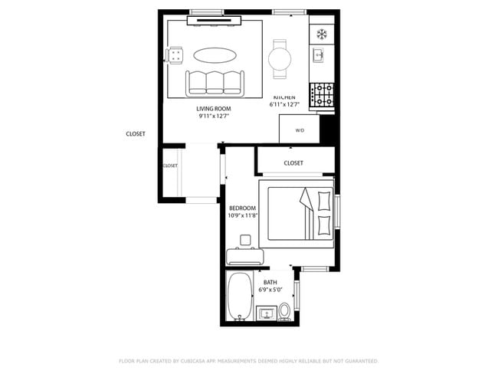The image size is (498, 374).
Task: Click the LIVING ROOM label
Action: (x=214, y=109)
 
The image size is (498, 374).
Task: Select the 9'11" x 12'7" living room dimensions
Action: (x=214, y=116)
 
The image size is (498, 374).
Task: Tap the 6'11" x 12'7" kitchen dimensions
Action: (x=284, y=105)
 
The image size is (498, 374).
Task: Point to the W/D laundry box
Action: (x=300, y=130)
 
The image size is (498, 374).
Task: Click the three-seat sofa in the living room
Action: (x=214, y=83)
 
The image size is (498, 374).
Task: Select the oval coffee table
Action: (x=215, y=55)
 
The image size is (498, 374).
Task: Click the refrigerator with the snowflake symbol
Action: (x=322, y=34)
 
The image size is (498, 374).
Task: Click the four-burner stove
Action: (x=322, y=94)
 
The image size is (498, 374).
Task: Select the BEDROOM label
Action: (x=242, y=208)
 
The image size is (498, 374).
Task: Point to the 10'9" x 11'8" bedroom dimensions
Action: (x=242, y=215)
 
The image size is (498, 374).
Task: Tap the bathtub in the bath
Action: (x=241, y=297)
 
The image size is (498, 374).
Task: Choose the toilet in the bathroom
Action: (x=284, y=311)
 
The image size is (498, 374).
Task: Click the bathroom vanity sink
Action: (x=267, y=313)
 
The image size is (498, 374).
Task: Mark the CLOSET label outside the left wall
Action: (x=136, y=134)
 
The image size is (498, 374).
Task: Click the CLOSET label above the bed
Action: (x=293, y=163)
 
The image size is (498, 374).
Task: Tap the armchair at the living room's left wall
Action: (x=175, y=55)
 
